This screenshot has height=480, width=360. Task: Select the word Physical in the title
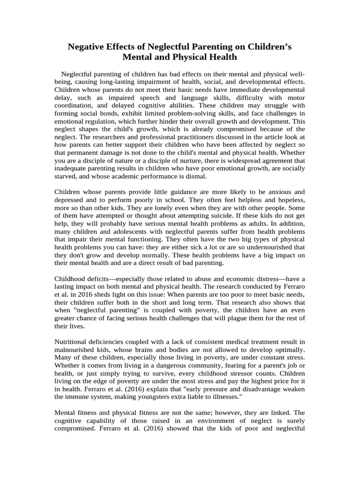pos(189,58)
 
